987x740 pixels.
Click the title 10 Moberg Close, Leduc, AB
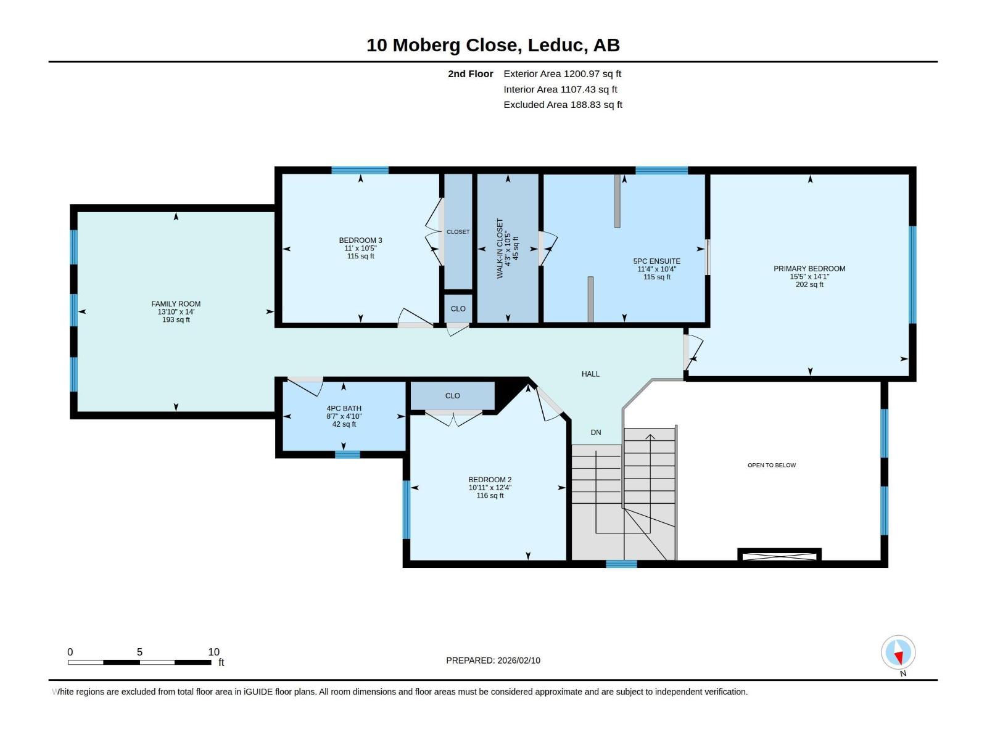(x=493, y=46)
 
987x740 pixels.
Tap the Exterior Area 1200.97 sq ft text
(x=562, y=73)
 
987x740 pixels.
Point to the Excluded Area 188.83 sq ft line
(x=563, y=105)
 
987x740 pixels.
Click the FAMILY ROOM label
(x=176, y=304)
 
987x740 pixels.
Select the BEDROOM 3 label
(x=361, y=240)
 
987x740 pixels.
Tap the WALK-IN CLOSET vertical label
(x=500, y=249)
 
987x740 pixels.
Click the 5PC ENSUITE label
(x=656, y=261)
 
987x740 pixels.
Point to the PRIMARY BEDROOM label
(x=809, y=269)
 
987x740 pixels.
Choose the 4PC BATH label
(x=344, y=408)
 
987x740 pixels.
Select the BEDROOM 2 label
(x=490, y=480)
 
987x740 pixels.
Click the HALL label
(x=590, y=374)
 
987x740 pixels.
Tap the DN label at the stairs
(x=596, y=432)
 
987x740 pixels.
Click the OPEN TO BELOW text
(x=772, y=465)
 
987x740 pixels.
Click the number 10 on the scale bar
(x=213, y=652)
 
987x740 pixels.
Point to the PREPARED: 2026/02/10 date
(x=493, y=660)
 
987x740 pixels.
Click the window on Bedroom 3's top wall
(x=360, y=170)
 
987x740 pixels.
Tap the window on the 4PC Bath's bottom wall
(x=347, y=454)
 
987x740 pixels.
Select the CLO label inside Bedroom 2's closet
(x=452, y=396)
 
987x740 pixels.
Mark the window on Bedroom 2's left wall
(x=407, y=509)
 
